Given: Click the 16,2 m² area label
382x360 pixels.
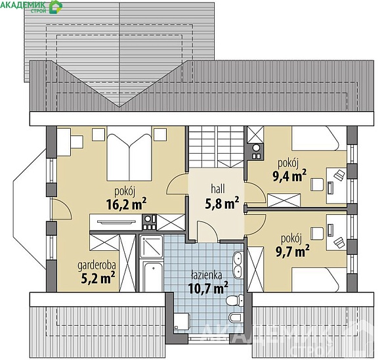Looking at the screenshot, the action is (x=127, y=204).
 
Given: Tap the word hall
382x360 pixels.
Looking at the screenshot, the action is (x=218, y=189).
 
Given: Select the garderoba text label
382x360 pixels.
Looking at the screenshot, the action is (x=96, y=266).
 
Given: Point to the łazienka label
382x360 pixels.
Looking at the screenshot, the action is (x=207, y=275).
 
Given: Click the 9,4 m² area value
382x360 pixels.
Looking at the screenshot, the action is (x=289, y=176).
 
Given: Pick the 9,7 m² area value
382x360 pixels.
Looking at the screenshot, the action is (x=293, y=251).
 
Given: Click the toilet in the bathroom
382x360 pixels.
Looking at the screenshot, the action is (x=234, y=300).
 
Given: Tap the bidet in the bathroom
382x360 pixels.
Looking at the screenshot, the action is (x=236, y=317).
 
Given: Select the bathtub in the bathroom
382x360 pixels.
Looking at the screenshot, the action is (x=153, y=277).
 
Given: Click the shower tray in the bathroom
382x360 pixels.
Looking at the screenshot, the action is (x=151, y=246).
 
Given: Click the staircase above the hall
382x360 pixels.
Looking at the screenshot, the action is (x=217, y=147).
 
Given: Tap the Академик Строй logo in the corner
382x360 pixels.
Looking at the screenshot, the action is (x=31, y=7).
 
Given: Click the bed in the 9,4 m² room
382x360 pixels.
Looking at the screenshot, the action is (x=316, y=139).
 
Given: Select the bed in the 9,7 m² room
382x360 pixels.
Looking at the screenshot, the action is (x=316, y=279).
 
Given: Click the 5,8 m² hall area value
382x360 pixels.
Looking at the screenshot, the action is (x=222, y=203).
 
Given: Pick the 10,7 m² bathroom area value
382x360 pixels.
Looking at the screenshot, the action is (x=208, y=288).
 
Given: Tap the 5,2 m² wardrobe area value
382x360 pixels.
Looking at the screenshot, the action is (x=98, y=279).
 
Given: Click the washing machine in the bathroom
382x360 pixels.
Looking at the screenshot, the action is (x=182, y=321).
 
